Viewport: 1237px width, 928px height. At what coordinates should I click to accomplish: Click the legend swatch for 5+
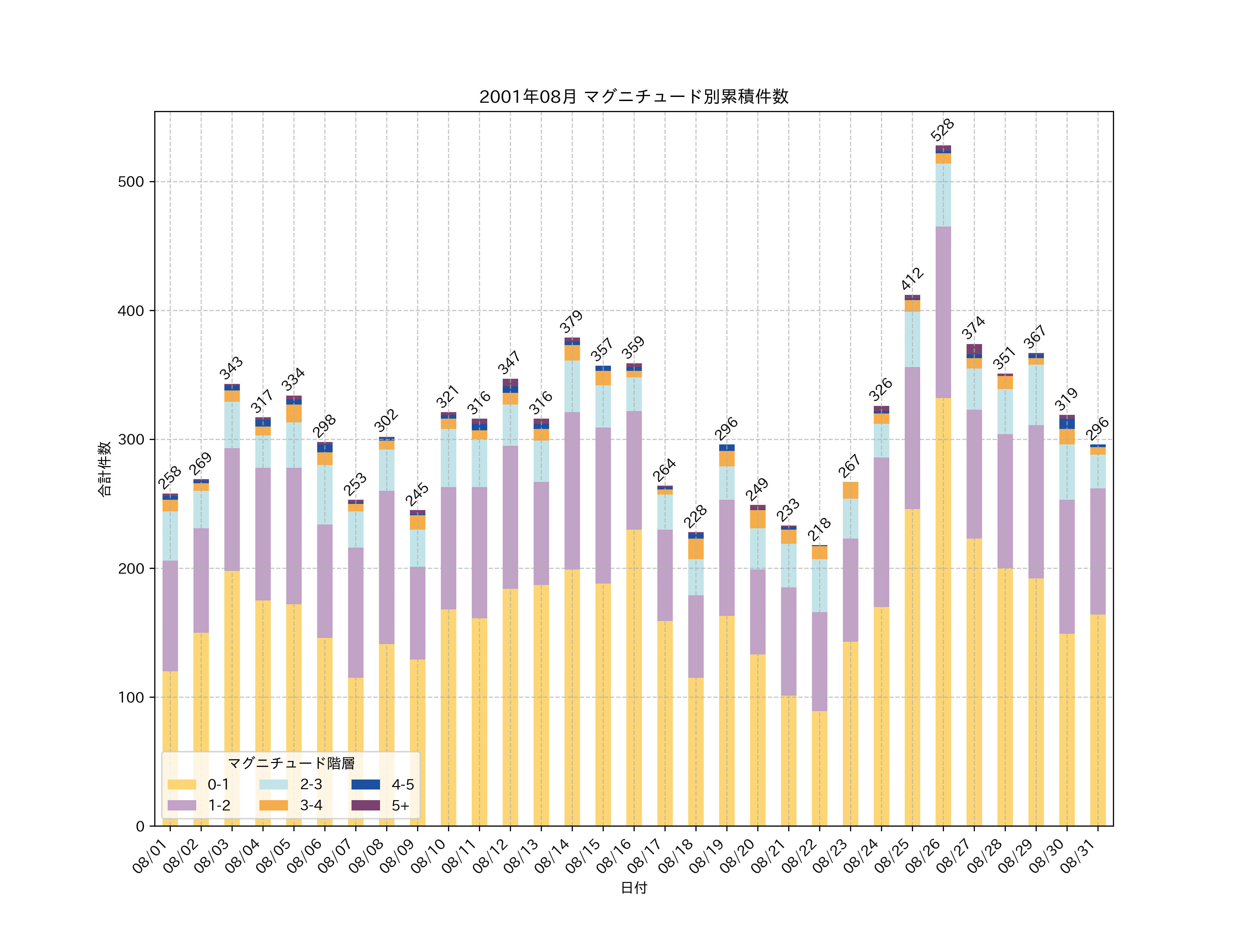point(365,806)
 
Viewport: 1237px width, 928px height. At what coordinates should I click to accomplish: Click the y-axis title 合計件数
point(104,469)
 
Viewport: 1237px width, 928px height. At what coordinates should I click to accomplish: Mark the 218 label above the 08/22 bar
point(819,529)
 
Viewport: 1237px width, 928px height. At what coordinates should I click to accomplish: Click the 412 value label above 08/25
point(912,278)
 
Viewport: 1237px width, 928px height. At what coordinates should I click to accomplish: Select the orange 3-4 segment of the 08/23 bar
point(850,490)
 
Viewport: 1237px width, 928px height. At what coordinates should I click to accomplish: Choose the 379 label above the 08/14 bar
point(571,322)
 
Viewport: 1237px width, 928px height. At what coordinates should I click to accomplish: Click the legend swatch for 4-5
point(365,785)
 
